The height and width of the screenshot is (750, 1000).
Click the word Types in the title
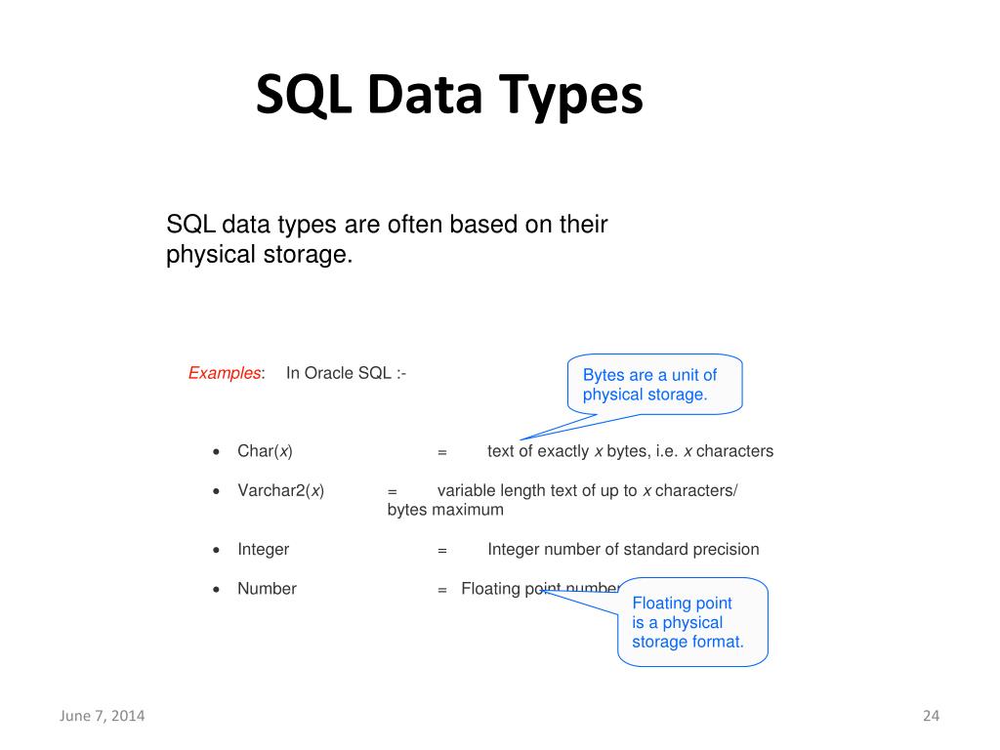[x=572, y=98]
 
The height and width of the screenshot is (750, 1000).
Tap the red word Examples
[x=224, y=373]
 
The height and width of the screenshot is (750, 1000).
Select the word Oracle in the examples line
[x=329, y=373]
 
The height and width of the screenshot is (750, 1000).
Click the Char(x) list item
[x=265, y=451]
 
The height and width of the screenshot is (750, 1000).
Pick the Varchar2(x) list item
[x=280, y=490]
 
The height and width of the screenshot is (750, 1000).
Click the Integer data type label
[x=263, y=549]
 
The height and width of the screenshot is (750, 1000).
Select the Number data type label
[x=267, y=589]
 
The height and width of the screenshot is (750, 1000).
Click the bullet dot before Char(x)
[x=216, y=452]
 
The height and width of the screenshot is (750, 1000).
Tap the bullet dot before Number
[x=216, y=589]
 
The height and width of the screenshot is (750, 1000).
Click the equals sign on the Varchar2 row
[x=392, y=491]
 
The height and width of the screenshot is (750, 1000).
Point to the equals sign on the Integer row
[x=441, y=550]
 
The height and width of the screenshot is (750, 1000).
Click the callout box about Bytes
[x=654, y=385]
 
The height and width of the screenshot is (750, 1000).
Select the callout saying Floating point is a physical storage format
[x=692, y=622]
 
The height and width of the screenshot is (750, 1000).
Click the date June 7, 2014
[x=103, y=716]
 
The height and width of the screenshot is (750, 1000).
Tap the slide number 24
[x=930, y=716]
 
